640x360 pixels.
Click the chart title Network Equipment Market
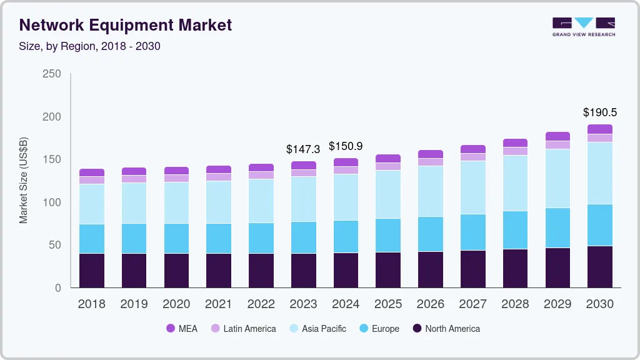[x=126, y=25]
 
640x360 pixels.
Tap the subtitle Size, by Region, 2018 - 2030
[x=90, y=46]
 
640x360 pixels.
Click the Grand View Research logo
[x=583, y=26]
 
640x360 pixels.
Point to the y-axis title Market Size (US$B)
[x=24, y=181]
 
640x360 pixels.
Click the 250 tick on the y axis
[x=52, y=74]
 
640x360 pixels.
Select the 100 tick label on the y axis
[x=52, y=202]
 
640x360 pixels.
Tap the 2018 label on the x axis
[x=92, y=304]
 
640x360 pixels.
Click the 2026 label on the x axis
[x=430, y=304]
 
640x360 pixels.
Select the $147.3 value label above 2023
[x=303, y=149]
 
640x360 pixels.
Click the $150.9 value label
[x=346, y=146]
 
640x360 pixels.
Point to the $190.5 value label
[x=599, y=112]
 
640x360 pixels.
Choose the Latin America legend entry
[x=243, y=329]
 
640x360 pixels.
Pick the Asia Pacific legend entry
[x=317, y=329]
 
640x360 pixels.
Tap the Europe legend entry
[x=379, y=329]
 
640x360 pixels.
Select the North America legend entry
[x=446, y=329]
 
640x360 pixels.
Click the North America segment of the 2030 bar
[x=599, y=267]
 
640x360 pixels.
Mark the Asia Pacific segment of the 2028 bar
[x=515, y=183]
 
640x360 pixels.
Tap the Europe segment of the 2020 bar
[x=176, y=238]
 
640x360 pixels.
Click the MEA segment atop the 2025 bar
[x=388, y=158]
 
